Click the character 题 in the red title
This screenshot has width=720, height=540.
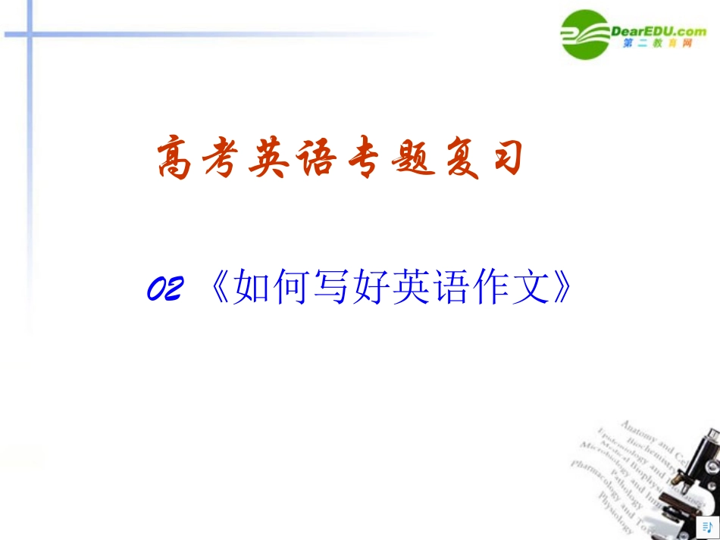409,158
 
